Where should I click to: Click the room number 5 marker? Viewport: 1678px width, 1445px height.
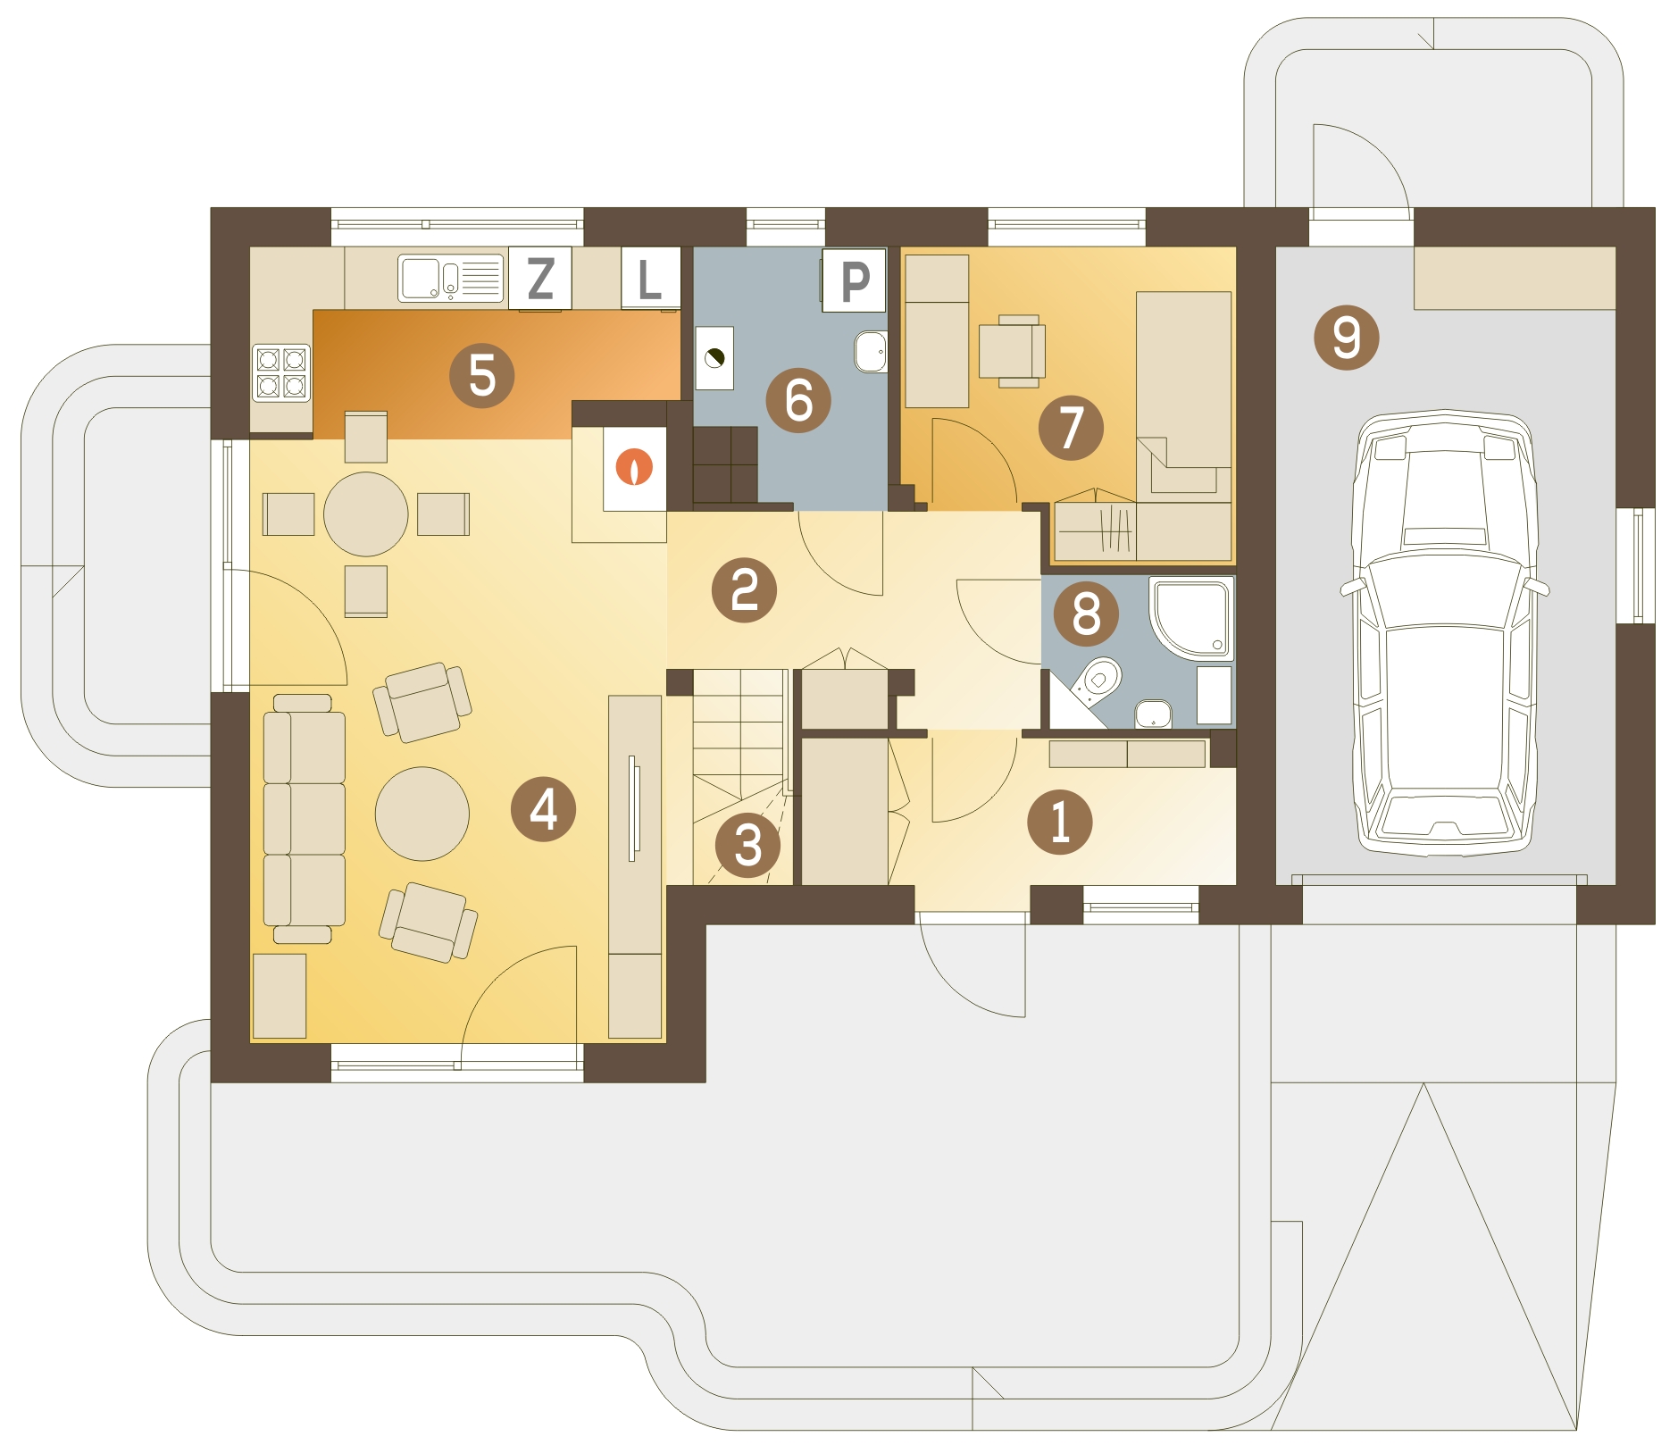point(481,375)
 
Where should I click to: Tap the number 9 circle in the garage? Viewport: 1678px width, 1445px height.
point(1347,338)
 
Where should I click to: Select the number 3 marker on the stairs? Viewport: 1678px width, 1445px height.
point(747,845)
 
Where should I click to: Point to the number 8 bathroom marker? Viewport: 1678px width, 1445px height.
point(1086,614)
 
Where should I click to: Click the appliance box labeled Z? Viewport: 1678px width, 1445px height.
point(539,278)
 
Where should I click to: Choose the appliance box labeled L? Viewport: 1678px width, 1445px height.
point(650,278)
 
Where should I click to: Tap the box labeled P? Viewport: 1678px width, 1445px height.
point(855,280)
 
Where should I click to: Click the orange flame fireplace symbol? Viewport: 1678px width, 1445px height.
point(634,466)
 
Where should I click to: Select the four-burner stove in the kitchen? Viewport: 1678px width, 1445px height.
point(281,372)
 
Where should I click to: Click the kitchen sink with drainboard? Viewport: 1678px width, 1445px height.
point(451,278)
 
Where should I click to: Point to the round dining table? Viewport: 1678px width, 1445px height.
point(366,514)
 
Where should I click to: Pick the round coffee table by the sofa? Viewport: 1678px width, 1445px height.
point(422,814)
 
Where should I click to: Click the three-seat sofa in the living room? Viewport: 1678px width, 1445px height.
point(304,819)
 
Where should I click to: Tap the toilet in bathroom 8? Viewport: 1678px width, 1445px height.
point(1098,682)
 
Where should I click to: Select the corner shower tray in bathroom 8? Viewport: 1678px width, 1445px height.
point(1192,619)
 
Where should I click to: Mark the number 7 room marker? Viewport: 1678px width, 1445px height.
point(1071,428)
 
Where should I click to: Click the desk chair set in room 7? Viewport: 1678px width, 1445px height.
point(1012,351)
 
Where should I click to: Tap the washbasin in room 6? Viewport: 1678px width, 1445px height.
point(871,352)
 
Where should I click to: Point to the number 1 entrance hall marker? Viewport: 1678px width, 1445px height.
point(1059,822)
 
